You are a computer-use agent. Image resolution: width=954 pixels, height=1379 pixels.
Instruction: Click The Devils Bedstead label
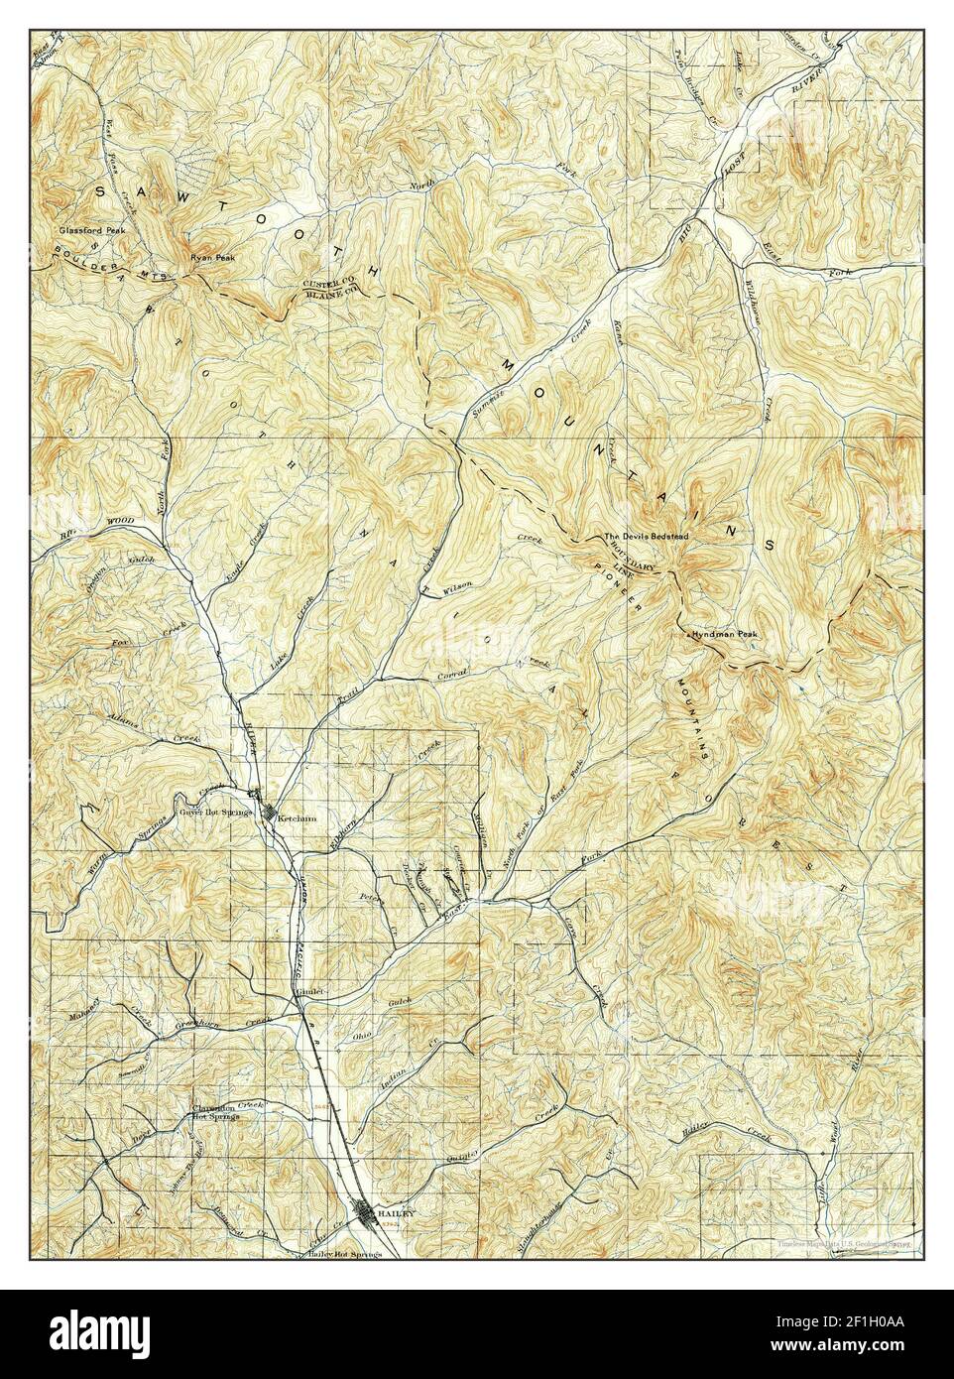[x=647, y=537]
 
